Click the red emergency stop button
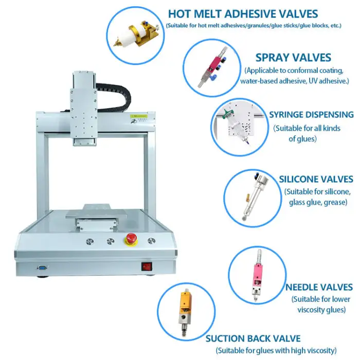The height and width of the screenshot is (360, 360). [131, 239]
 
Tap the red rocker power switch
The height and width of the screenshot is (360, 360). [147, 266]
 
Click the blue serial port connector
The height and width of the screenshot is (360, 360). [42, 267]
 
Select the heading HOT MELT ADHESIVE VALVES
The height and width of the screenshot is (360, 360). [243, 14]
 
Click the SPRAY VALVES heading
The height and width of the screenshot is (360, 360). [293, 58]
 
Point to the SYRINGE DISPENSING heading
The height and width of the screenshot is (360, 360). [311, 115]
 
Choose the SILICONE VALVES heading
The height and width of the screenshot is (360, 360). [316, 179]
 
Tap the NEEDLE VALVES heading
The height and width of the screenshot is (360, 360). [319, 287]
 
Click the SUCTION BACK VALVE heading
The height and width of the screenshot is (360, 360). [253, 338]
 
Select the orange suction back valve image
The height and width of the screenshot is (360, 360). [185, 312]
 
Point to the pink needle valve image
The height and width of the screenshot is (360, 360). [258, 275]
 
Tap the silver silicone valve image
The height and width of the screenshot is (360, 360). [255, 197]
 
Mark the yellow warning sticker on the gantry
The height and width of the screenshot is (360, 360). [138, 116]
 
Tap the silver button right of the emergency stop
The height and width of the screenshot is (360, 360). [151, 241]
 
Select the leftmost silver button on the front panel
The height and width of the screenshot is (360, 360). [90, 241]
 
